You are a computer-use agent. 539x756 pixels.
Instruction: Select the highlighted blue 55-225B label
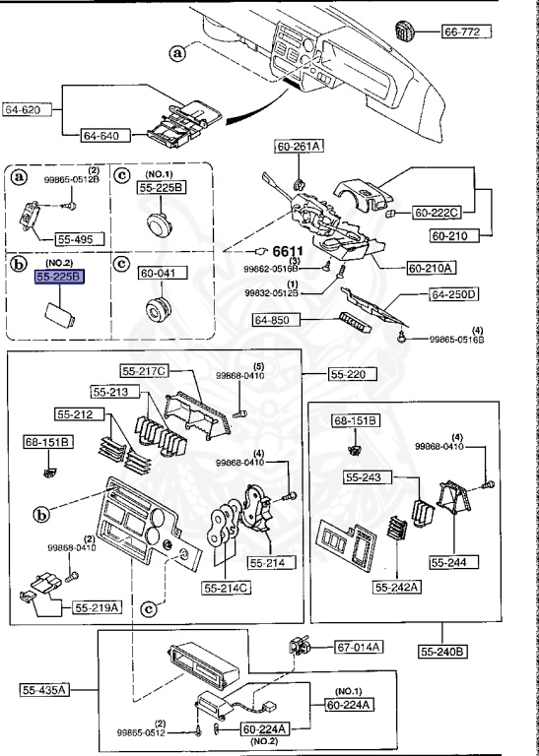click(x=60, y=279)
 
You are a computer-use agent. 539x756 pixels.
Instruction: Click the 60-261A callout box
click(x=299, y=148)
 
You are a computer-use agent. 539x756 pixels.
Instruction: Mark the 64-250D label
click(x=452, y=293)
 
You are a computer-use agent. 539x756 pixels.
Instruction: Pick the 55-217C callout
click(x=144, y=371)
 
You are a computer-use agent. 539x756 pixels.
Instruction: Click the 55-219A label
click(x=97, y=607)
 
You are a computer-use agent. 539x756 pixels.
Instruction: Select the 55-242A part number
click(x=396, y=588)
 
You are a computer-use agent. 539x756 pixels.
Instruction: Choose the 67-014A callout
click(x=359, y=647)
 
